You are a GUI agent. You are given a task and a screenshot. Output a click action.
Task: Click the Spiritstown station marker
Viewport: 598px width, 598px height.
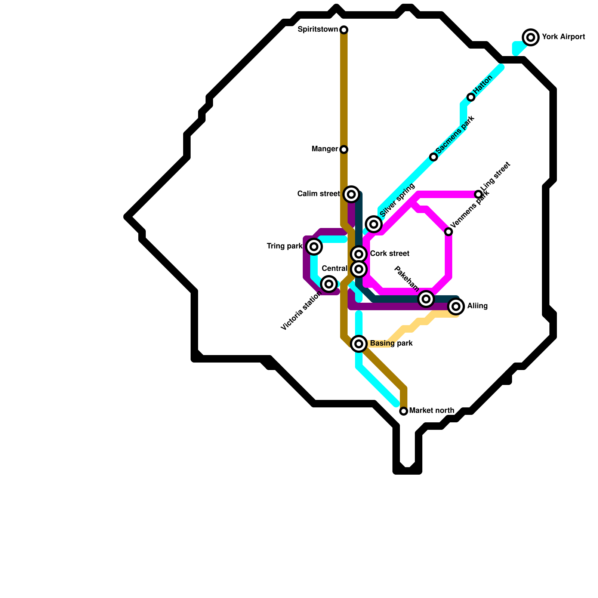click(344, 30)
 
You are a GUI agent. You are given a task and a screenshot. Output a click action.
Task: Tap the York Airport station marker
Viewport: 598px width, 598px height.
click(530, 37)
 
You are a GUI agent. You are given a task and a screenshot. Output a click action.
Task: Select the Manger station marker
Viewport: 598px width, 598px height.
click(344, 149)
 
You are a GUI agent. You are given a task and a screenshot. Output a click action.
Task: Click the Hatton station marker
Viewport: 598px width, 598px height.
click(471, 97)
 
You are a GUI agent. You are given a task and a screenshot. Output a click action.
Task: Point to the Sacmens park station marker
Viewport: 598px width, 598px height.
click(434, 157)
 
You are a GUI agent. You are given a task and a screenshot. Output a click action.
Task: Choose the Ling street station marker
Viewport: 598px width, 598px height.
click(478, 194)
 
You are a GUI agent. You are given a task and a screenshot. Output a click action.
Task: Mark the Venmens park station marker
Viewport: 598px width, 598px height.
click(449, 232)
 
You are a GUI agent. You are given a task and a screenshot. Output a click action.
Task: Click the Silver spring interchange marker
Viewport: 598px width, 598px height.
click(373, 224)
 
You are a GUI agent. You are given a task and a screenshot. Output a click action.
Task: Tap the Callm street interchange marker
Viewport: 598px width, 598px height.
click(351, 194)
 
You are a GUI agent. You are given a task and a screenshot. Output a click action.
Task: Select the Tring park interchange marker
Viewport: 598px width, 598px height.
click(314, 247)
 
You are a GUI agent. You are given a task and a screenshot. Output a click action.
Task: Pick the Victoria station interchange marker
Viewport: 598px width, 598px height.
click(329, 284)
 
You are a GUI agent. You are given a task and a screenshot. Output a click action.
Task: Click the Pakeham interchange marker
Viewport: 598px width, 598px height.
click(426, 299)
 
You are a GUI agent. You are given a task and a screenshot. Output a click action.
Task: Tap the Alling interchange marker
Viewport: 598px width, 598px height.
click(456, 306)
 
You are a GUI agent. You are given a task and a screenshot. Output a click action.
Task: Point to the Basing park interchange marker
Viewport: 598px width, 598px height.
click(359, 343)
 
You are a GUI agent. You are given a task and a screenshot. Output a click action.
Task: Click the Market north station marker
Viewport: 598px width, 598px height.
click(403, 411)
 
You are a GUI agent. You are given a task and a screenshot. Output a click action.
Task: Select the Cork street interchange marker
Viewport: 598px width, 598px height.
click(359, 254)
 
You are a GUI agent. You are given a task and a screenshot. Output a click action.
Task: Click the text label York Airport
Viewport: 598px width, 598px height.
click(563, 37)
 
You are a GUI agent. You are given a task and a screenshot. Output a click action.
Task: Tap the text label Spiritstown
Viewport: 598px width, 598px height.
click(318, 29)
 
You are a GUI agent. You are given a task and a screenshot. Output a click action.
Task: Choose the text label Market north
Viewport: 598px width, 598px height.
click(432, 410)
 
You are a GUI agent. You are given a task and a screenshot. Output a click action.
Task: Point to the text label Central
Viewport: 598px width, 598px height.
click(334, 268)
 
